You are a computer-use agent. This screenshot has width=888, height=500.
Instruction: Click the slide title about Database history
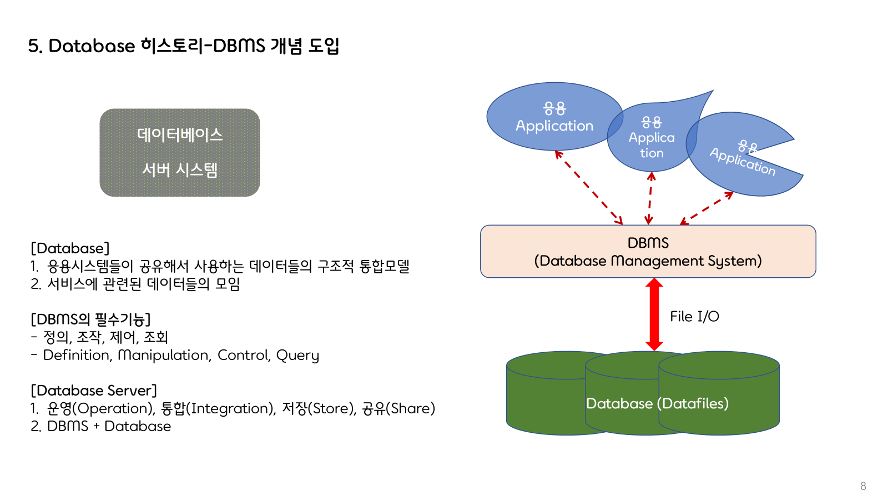coord(183,46)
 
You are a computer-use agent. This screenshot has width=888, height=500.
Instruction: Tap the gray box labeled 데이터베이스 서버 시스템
coord(180,152)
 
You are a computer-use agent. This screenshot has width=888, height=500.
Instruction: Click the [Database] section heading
coord(70,248)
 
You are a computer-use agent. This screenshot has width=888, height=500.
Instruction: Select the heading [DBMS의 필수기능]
coord(90,319)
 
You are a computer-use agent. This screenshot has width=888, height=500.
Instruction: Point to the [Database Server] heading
coord(94,391)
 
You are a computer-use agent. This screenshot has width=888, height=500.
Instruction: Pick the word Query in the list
coord(297,355)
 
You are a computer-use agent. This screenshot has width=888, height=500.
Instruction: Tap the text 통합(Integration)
coord(218,408)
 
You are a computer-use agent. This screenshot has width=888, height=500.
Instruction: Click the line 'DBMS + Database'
coord(109,426)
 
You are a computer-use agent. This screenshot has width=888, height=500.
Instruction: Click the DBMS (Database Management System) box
coord(648,251)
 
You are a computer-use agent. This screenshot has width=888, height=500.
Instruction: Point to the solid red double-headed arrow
coord(654,314)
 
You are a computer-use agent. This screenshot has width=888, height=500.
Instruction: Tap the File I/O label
coord(694,317)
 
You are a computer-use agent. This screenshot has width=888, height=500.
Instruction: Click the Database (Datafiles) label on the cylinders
coord(657,403)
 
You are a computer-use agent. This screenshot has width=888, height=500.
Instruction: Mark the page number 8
coord(863,486)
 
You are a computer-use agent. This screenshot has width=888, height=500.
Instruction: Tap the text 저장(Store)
coord(319,408)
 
